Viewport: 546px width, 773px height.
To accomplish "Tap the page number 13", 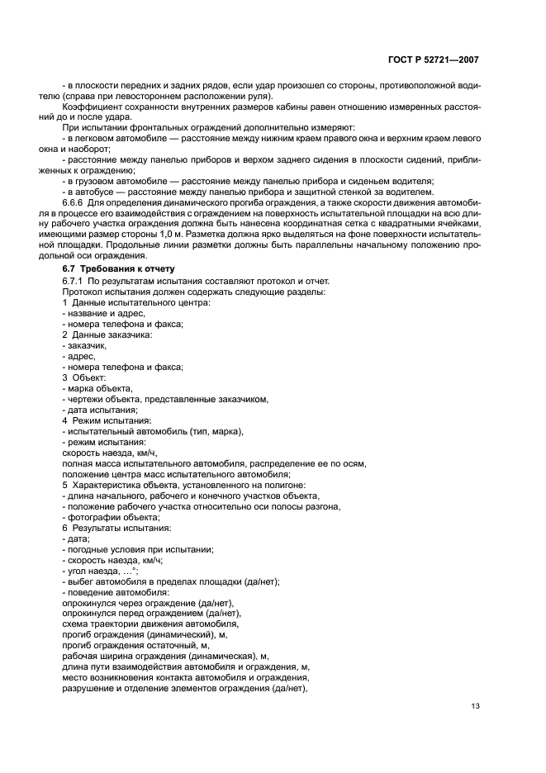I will tap(474, 706).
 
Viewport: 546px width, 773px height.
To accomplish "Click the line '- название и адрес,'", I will tap(104, 314).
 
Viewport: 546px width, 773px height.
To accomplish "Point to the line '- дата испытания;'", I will tap(100, 410).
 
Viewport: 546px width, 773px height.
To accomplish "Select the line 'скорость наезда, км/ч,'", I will tap(109, 453).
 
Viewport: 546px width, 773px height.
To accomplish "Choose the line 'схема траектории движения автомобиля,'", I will tap(150, 624).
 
